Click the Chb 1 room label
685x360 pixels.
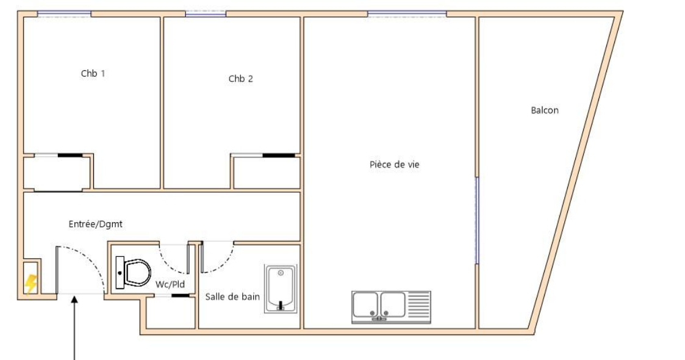click(x=93, y=73)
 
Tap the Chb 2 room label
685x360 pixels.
click(x=241, y=79)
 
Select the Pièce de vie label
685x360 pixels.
click(x=395, y=165)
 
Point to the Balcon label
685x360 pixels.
click(x=545, y=110)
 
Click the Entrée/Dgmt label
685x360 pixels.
click(x=95, y=224)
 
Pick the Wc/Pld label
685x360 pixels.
click(x=170, y=284)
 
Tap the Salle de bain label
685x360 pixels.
click(x=232, y=297)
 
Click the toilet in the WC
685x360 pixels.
click(x=133, y=273)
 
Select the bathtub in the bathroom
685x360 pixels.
click(x=281, y=289)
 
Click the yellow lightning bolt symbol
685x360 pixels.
click(x=30, y=284)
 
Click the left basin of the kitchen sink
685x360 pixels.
click(x=365, y=304)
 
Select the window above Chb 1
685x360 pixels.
click(x=64, y=15)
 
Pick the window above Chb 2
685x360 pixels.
click(x=206, y=14)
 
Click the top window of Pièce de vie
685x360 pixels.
click(x=407, y=14)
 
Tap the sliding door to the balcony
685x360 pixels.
click(x=477, y=220)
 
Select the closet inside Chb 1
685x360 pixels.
click(x=57, y=173)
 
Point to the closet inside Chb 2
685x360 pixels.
click(x=266, y=171)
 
